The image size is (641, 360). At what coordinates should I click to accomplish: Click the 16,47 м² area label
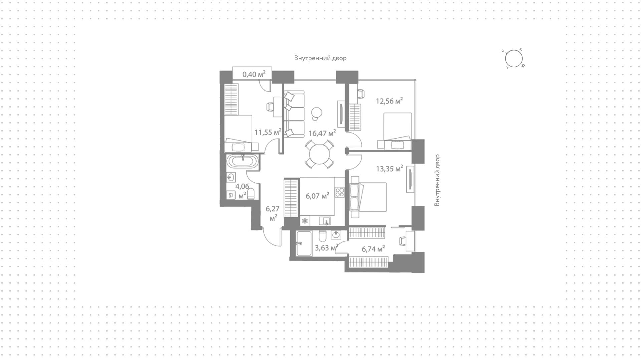tap(322, 134)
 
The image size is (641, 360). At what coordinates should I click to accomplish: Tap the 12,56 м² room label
tap(389, 101)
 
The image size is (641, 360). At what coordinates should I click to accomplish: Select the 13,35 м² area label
tap(389, 169)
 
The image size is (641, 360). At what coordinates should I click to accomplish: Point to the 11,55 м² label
tap(268, 132)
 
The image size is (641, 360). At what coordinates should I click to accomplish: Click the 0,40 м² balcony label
tap(254, 74)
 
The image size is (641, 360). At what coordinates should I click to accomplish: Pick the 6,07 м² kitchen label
tap(317, 196)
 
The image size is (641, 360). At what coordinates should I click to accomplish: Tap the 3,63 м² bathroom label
tap(327, 248)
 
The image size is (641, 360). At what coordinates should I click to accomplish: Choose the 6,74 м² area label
tap(373, 249)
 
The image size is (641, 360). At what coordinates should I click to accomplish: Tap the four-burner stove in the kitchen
tap(340, 192)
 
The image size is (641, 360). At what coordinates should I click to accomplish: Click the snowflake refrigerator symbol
tap(304, 221)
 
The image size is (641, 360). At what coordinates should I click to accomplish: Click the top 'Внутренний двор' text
tap(320, 58)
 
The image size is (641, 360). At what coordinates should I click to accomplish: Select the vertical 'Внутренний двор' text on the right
tap(437, 180)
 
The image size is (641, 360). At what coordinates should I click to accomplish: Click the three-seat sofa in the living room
tap(294, 114)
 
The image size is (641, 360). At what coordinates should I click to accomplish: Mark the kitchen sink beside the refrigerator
tap(325, 221)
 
